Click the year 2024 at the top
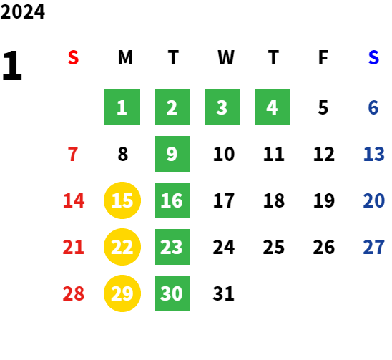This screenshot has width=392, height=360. tap(22, 11)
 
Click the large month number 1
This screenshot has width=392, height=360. tap(12, 65)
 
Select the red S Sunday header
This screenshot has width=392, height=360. tap(73, 57)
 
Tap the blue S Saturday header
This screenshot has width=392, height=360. tap(373, 57)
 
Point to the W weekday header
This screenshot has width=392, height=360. tap(226, 57)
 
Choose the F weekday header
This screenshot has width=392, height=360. tap(323, 57)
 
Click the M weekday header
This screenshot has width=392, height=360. tap(125, 57)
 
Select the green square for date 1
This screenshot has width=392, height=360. tap(122, 107)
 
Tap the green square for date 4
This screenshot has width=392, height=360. tap(273, 107)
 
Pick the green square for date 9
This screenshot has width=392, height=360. tap(172, 154)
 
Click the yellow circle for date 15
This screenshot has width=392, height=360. tap(122, 200)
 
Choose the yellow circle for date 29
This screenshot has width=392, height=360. tap(122, 293)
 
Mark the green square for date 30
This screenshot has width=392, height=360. tap(172, 293)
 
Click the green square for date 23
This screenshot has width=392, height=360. tap(172, 247)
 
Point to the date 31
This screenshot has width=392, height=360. tap(223, 293)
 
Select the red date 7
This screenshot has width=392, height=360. tap(73, 154)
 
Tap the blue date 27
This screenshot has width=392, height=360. tap(373, 247)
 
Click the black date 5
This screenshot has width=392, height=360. tap(323, 107)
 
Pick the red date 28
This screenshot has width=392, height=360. tap(73, 293)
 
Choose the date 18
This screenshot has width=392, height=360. tap(274, 200)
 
